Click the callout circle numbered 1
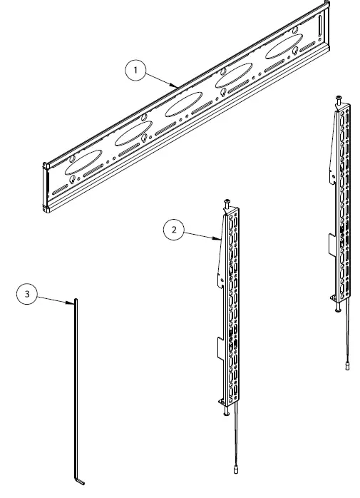click(135, 71)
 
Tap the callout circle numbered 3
click(27, 293)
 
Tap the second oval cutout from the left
click(131, 135)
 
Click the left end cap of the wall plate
click(46, 187)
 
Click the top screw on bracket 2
click(227, 202)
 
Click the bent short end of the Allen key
click(80, 483)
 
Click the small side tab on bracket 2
click(218, 349)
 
